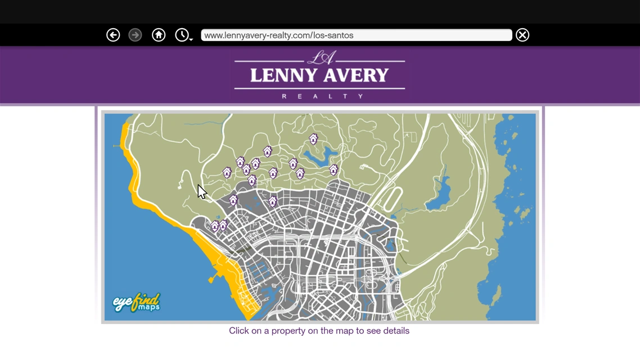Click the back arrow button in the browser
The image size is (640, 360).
pos(113,35)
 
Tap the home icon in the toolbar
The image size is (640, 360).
pos(159,35)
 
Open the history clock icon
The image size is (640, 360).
pos(182,35)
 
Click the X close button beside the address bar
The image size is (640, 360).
pos(522,35)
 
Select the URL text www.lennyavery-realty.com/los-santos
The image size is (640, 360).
pos(278,35)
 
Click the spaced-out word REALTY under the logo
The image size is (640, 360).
pos(322,96)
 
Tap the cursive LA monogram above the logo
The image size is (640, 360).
pos(322,57)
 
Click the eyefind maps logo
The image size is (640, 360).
pos(137,303)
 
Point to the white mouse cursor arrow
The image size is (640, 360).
pos(201,191)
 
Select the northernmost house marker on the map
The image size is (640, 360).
pos(313,138)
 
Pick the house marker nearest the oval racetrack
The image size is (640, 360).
pos(333,169)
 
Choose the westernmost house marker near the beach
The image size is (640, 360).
pos(215,226)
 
